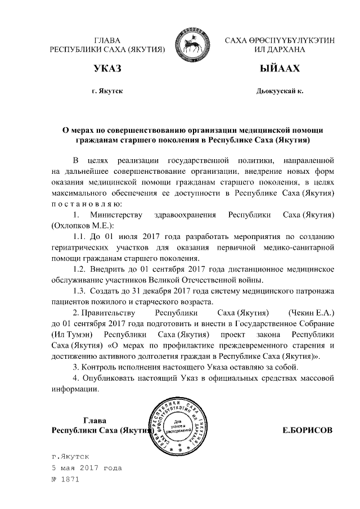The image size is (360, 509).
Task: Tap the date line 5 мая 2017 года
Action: coord(86,468)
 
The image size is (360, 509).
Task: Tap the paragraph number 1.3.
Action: coord(79,291)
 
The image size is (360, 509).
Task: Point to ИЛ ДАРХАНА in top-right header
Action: coord(280,49)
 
